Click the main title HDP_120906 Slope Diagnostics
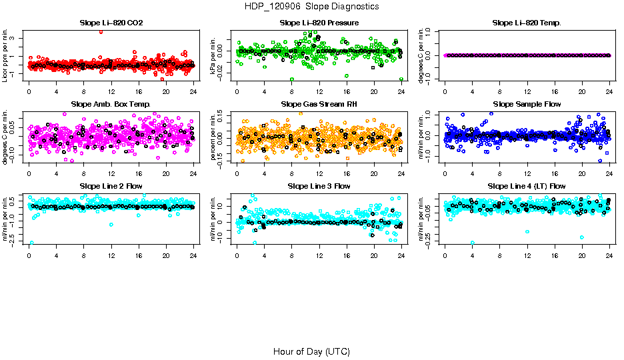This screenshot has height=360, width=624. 311,7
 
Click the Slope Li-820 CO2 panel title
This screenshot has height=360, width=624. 111,23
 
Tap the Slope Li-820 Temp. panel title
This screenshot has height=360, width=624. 527,23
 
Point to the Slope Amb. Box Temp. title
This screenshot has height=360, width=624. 111,105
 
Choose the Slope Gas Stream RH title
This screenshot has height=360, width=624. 319,105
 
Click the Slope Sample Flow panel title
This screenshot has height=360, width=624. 527,105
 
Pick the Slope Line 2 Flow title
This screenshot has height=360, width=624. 111,186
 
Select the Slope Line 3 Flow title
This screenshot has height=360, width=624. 319,186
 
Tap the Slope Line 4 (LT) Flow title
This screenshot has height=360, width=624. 527,186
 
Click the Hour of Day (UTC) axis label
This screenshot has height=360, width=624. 311,351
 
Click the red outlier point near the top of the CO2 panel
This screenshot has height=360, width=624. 101,31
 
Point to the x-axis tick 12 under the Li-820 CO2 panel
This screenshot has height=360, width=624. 111,91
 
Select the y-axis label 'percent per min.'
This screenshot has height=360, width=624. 214,137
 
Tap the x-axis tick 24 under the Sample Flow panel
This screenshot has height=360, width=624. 609,173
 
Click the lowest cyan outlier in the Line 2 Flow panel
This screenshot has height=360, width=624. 31,243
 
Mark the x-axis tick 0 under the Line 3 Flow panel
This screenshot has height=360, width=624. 237,254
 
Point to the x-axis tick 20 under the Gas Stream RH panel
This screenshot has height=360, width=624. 374,173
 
